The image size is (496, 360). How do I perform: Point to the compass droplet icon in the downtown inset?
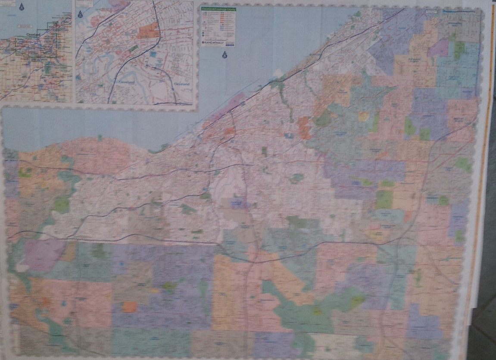pyautogui.click(x=80, y=15)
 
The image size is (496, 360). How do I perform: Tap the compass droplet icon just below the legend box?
pyautogui.click(x=224, y=54)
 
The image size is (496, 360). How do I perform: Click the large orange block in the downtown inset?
pyautogui.click(x=149, y=31)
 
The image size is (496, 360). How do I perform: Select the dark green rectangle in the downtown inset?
pyautogui.click(x=134, y=48)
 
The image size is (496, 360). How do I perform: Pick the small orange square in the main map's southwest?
pyautogui.click(x=129, y=307)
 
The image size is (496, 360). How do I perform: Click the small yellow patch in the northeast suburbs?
pyautogui.click(x=364, y=116)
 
